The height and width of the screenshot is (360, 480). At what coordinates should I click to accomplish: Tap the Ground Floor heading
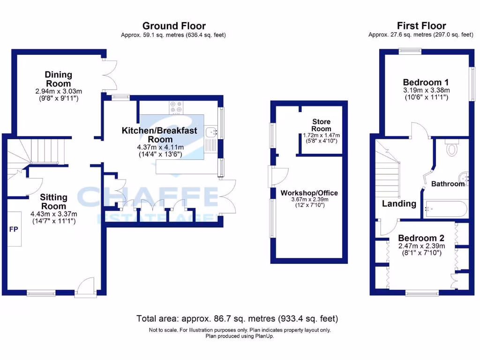[x=174, y=26]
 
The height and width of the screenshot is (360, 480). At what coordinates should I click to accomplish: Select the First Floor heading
[x=421, y=26]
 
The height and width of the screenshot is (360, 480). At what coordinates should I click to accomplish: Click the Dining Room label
[x=59, y=79]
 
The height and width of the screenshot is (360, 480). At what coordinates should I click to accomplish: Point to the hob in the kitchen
[x=177, y=107]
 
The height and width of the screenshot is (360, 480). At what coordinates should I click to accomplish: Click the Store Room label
[x=321, y=125]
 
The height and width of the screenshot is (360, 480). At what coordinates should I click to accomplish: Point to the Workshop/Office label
[x=309, y=193]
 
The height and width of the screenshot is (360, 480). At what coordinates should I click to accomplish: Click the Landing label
[x=399, y=203]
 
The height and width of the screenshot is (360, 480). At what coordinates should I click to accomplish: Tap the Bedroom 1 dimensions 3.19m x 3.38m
[x=427, y=90]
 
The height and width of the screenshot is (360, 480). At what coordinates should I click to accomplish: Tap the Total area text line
[x=237, y=319]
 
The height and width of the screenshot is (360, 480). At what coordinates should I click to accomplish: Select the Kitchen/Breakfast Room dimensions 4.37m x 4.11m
[x=160, y=147]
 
